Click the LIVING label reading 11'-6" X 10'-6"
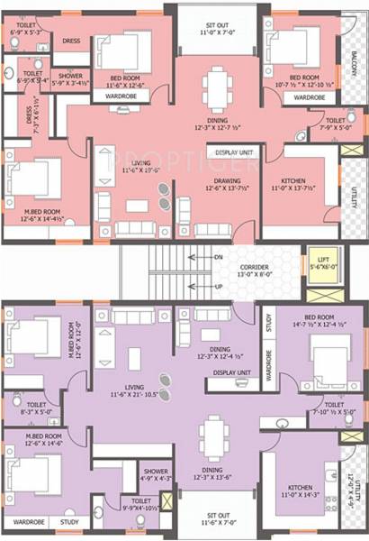coord(124,162)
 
